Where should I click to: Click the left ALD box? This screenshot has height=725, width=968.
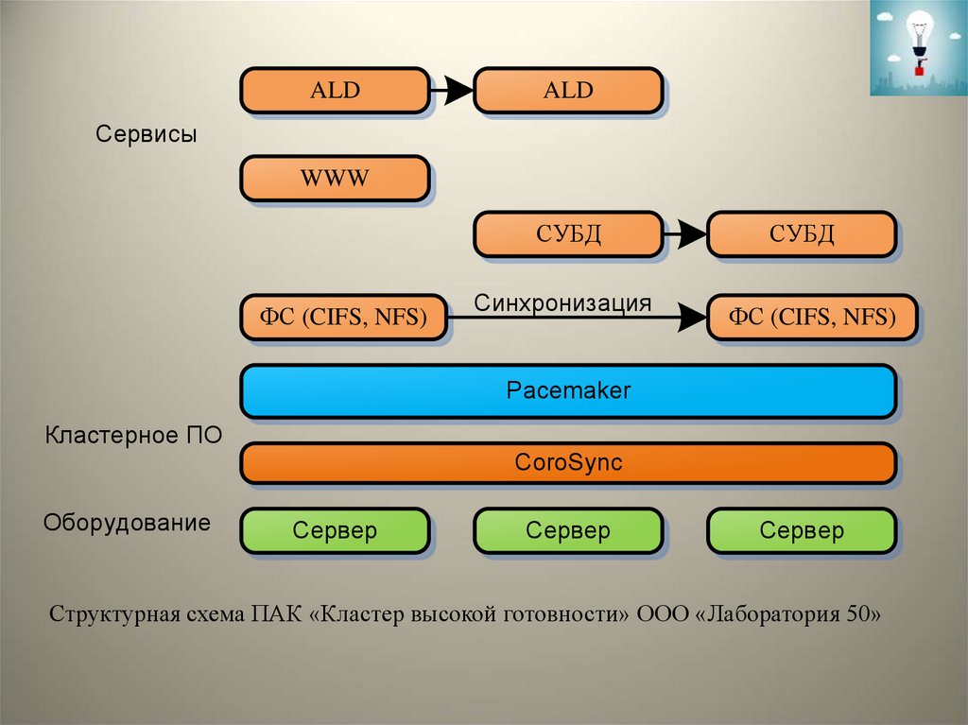(x=336, y=91)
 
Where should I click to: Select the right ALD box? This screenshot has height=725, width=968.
(x=568, y=91)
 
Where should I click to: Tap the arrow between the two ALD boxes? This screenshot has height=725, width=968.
(x=452, y=91)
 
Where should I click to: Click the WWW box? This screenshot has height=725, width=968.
(x=336, y=179)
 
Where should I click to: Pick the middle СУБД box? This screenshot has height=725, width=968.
(x=568, y=233)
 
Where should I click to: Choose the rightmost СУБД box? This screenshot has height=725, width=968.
(x=801, y=233)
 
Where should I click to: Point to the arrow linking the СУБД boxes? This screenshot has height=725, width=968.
(x=684, y=233)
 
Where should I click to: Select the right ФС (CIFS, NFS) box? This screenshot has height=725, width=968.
(x=812, y=318)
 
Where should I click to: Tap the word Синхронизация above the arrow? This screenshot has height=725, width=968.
(x=563, y=303)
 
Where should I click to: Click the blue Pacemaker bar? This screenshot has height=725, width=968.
(x=568, y=390)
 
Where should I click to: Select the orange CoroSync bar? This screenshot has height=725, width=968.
(x=568, y=463)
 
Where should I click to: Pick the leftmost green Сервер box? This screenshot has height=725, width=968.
(x=336, y=530)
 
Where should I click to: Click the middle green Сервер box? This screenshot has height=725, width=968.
(x=568, y=530)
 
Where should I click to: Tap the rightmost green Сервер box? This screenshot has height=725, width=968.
(x=801, y=530)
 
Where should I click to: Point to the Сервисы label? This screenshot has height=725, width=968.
(x=146, y=134)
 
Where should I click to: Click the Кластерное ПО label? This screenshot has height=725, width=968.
(x=133, y=437)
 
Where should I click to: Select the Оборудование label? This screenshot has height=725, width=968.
(x=127, y=523)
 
